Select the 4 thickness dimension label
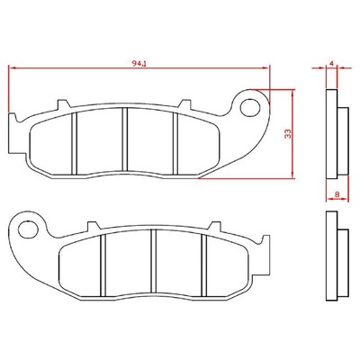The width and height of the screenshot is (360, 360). click(x=331, y=63)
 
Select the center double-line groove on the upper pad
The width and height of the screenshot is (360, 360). click(x=125, y=139)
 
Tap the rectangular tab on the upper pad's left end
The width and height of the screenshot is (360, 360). click(x=13, y=131)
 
